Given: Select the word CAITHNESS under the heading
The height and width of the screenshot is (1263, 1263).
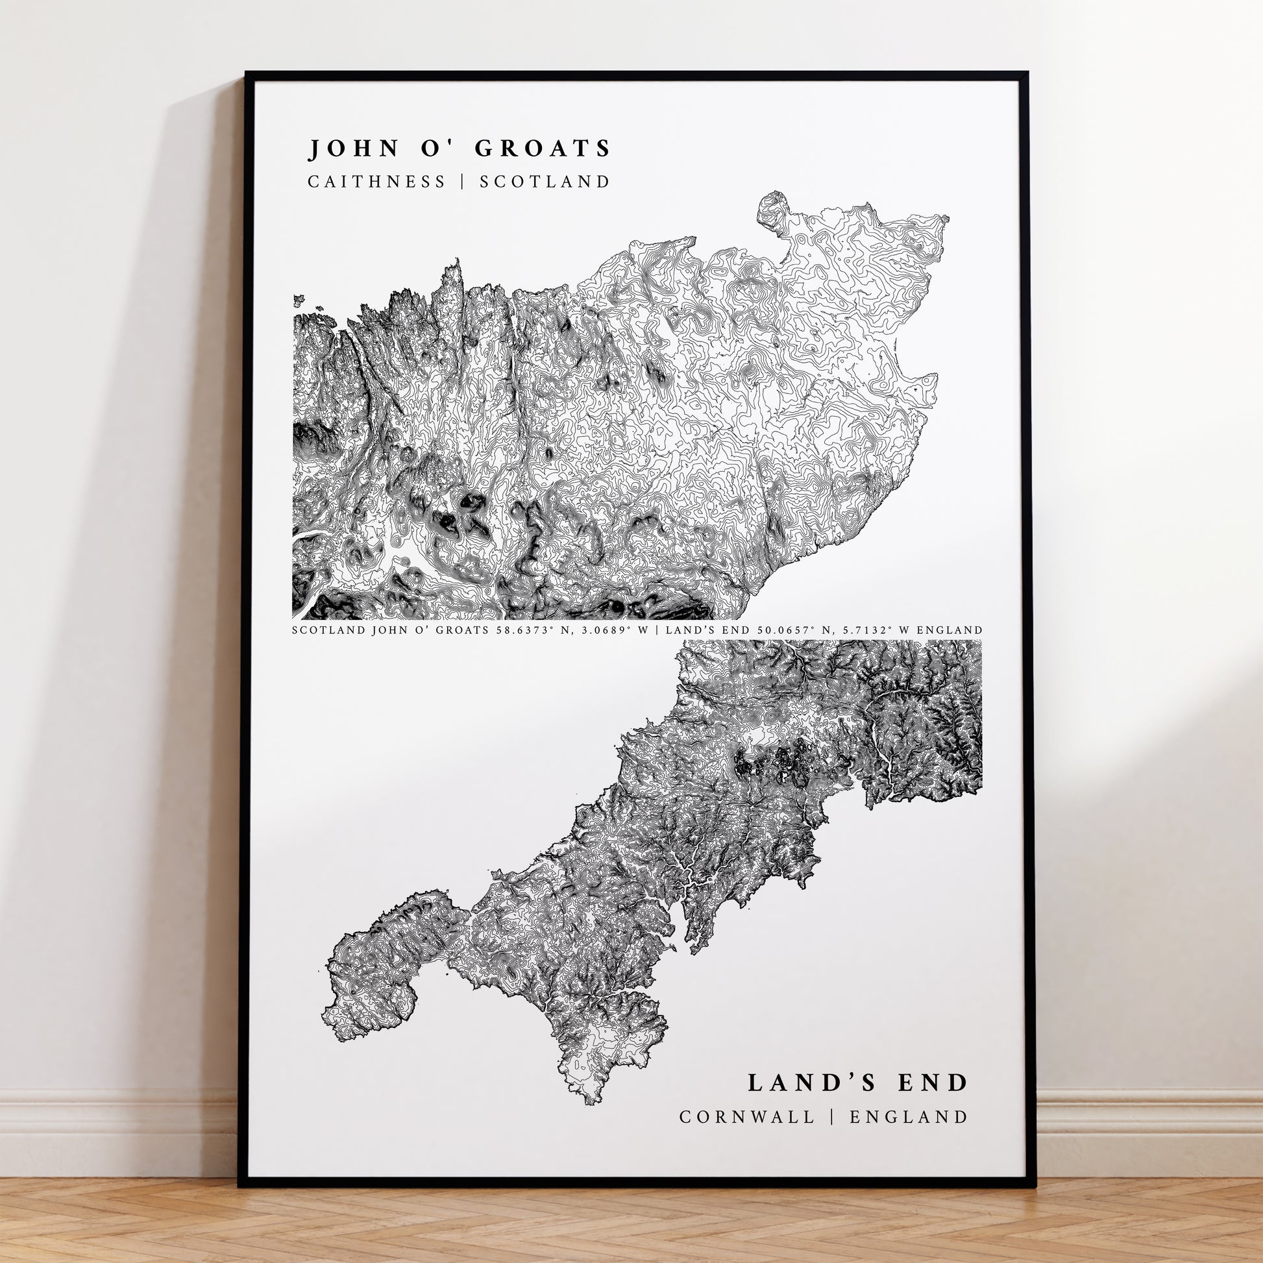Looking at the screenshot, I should click(377, 182).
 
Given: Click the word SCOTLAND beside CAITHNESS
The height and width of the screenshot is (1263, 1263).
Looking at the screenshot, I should click(545, 182).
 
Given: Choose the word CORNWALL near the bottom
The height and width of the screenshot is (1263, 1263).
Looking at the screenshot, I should click(747, 1116).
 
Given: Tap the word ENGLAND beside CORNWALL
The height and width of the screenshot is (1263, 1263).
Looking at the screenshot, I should click(909, 1116).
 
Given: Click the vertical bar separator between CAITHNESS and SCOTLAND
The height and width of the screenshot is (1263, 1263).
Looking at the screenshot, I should click(463, 182).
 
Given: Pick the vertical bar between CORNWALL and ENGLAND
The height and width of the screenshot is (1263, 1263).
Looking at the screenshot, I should click(832, 1116).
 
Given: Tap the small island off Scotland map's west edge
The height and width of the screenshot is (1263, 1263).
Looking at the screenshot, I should click(299, 300).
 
